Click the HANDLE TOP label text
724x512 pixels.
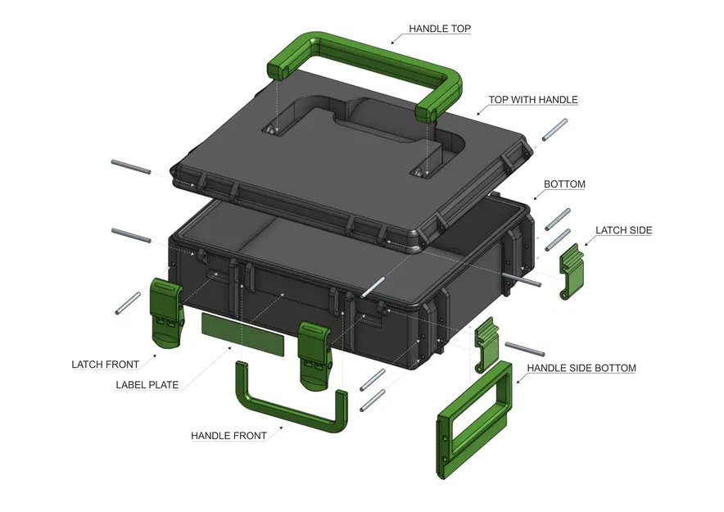(x=440, y=29)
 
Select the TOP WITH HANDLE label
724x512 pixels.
(x=533, y=100)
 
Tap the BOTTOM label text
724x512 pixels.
(x=564, y=184)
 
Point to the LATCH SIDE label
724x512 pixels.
(x=623, y=230)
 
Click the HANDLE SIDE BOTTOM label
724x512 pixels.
(x=581, y=369)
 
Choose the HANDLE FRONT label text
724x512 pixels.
(x=229, y=436)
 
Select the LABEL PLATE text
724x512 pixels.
(x=147, y=385)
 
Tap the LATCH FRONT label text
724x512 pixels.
(x=105, y=365)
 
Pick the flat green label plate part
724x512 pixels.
(x=242, y=334)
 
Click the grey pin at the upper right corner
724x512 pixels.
(x=554, y=131)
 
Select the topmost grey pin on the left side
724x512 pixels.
(x=131, y=166)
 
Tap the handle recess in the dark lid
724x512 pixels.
(x=360, y=131)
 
